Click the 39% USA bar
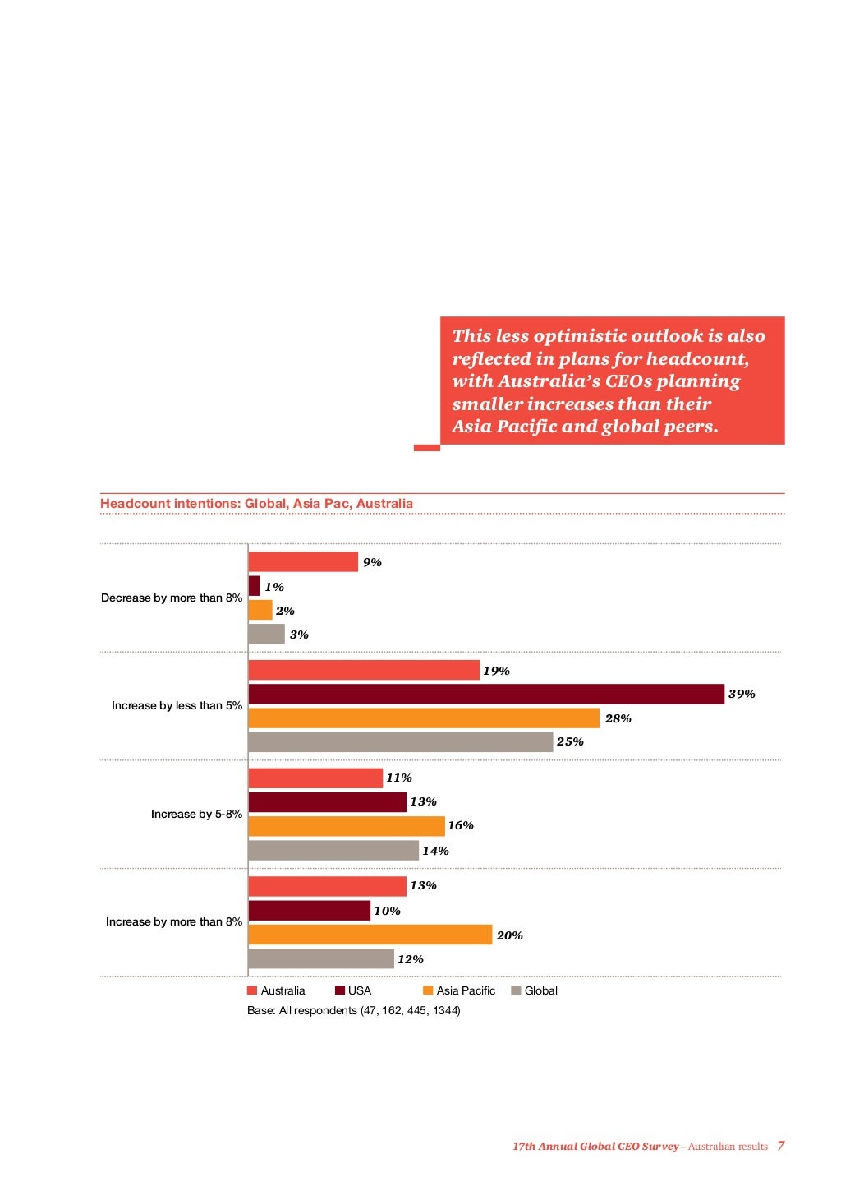(x=486, y=695)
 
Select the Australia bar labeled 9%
(x=303, y=562)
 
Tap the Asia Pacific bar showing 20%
(x=370, y=935)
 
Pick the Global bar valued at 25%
(x=400, y=742)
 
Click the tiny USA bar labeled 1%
(x=254, y=586)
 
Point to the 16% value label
(x=461, y=826)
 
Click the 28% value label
(x=618, y=719)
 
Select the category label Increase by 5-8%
(x=196, y=815)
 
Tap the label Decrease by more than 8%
(x=171, y=598)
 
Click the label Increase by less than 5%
(x=177, y=706)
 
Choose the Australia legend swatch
(x=252, y=991)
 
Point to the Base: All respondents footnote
(x=353, y=1011)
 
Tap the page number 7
(x=780, y=1146)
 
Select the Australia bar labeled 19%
(x=363, y=671)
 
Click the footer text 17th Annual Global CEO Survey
(x=595, y=1147)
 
